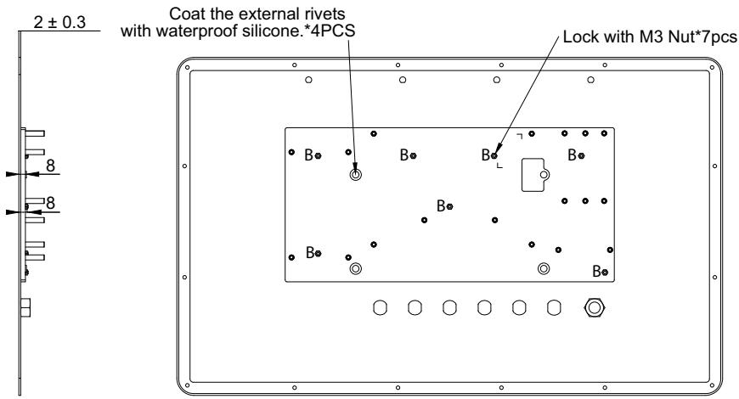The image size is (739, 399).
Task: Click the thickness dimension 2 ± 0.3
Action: [x=59, y=22]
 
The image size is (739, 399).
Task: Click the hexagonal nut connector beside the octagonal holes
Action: [x=595, y=308]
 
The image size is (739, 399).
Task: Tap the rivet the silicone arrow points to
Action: [x=355, y=175]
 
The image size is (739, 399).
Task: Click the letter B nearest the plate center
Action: [x=441, y=205]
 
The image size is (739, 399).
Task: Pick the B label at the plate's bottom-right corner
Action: [x=596, y=272]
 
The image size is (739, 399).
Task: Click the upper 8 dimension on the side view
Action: [x=50, y=166]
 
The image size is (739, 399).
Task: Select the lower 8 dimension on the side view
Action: [x=50, y=203]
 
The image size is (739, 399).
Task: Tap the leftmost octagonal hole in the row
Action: [x=380, y=308]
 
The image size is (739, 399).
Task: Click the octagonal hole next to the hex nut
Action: [x=554, y=308]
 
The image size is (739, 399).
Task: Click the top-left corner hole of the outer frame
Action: [x=187, y=68]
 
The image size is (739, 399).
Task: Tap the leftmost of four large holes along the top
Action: [x=308, y=80]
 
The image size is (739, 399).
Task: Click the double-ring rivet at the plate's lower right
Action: [x=544, y=268]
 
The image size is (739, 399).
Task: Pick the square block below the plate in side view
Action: [x=25, y=307]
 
